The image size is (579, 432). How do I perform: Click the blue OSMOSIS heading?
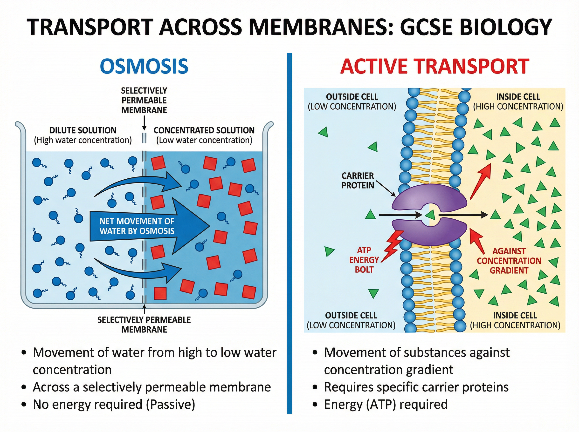click(144, 67)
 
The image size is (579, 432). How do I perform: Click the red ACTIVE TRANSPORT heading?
click(434, 67)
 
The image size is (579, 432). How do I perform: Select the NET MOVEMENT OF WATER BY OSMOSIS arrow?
click(146, 226)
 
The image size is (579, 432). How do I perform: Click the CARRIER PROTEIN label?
click(358, 180)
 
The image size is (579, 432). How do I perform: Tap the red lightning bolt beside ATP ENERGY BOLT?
click(392, 246)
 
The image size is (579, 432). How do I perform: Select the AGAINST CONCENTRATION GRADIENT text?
click(509, 261)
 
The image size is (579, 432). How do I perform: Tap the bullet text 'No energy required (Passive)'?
click(114, 404)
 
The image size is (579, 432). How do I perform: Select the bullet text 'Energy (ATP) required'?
click(386, 404)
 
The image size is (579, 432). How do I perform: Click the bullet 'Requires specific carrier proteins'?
click(416, 387)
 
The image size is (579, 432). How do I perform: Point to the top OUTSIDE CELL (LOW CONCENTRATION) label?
click(352, 102)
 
